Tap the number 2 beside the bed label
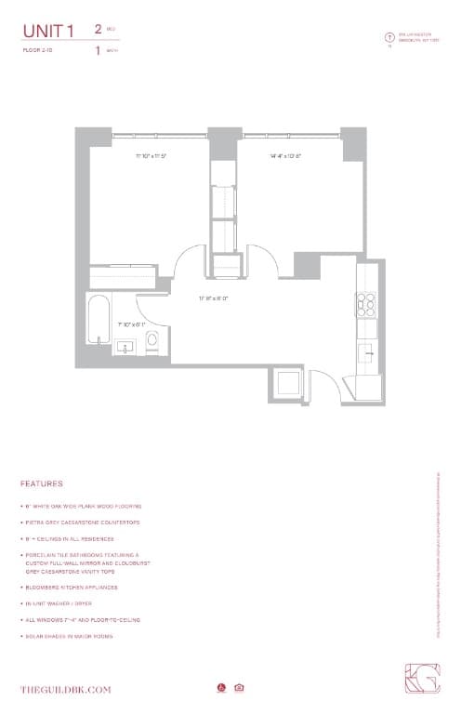pos(98,29)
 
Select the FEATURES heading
pos(42,484)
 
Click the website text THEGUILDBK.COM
pos(66,689)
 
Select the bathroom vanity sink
pos(125,347)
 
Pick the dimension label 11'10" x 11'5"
pos(150,155)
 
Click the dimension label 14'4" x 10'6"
pos(286,155)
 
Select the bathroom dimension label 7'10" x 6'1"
pos(131,324)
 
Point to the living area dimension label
pos(213,298)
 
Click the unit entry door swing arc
pos(325,384)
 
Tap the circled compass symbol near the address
pos(389,37)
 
